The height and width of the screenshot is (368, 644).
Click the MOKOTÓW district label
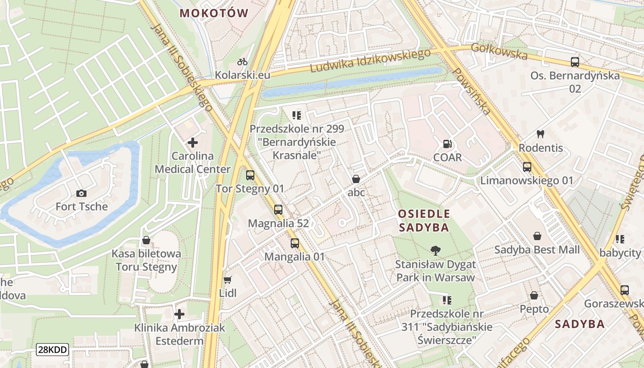214,13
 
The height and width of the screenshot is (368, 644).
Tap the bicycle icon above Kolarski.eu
242,62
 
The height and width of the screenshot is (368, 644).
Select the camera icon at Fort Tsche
81,193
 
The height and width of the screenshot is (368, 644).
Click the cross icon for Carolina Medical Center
193,143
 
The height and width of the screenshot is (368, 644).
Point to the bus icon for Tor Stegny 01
250,175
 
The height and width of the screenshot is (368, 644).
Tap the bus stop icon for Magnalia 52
278,210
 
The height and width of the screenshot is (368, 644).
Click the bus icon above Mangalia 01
294,243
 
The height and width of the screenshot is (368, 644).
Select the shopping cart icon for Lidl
227,280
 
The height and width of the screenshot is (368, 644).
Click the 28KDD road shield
53,350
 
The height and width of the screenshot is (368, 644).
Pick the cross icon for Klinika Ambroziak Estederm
179,315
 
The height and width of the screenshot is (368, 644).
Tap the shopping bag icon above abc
356,179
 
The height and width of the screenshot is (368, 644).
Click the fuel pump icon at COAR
447,144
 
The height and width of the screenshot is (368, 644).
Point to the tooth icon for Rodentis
540,134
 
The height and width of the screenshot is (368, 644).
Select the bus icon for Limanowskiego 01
527,167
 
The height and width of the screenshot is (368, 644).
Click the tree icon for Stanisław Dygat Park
435,251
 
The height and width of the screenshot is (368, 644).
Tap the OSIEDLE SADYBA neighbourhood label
424,220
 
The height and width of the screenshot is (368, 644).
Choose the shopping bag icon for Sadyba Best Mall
537,236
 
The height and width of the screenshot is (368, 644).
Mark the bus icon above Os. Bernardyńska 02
575,62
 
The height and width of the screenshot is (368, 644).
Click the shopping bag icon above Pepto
534,295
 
